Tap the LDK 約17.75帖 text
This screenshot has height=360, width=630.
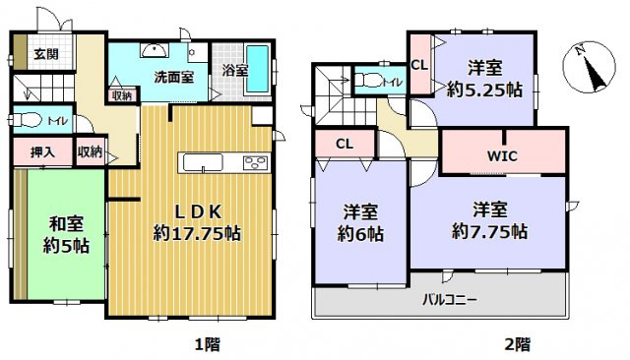[x=197, y=224]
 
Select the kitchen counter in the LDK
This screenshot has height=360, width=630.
[x=223, y=162]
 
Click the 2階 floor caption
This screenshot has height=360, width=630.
[x=518, y=344]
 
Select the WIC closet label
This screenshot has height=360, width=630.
[x=502, y=155]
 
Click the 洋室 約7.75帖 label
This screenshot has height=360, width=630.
[x=489, y=221]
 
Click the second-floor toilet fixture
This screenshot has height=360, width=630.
[x=372, y=79]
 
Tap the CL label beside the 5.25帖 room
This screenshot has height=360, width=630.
[x=419, y=66]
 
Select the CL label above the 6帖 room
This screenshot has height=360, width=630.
[x=344, y=144]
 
